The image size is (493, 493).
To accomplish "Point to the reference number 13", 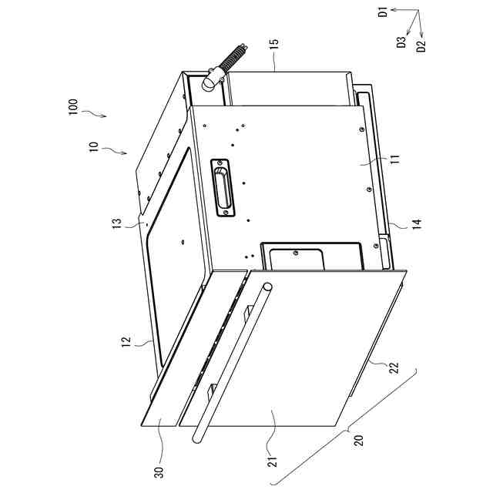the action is click(x=118, y=223).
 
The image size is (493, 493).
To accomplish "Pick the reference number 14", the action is click(x=416, y=224).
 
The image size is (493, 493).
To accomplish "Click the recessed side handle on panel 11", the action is click(x=222, y=188).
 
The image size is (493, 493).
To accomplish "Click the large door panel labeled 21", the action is click(x=308, y=354).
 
